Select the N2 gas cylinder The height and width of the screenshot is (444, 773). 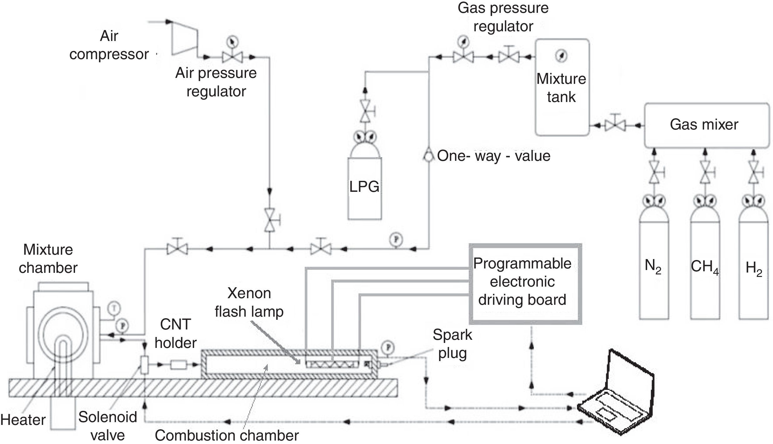(654, 257)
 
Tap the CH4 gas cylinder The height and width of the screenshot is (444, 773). (705, 257)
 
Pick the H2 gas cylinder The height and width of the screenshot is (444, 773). (754, 257)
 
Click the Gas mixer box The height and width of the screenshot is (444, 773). (706, 125)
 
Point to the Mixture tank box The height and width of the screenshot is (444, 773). (562, 87)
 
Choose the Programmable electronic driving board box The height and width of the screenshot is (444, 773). (525, 283)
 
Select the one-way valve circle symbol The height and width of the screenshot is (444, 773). (429, 156)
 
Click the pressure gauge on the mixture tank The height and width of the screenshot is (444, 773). (561, 56)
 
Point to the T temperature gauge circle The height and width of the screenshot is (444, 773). (114, 308)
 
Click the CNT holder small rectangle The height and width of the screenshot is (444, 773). (178, 365)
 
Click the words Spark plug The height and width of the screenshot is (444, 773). (452, 344)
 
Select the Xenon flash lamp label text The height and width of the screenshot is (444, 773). (249, 302)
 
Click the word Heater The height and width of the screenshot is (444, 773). (23, 420)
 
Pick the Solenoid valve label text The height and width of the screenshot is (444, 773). (108, 426)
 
